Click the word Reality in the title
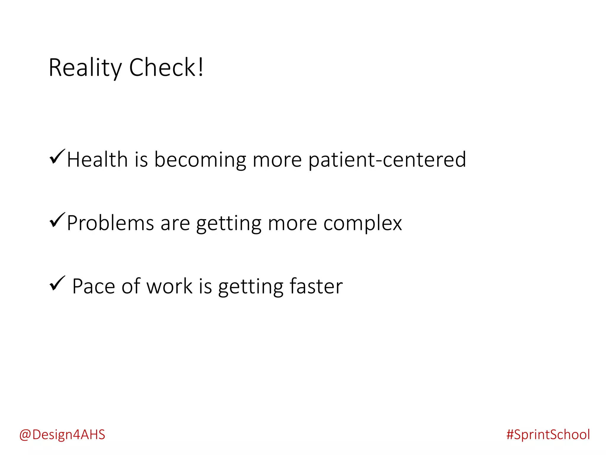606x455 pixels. [85, 68]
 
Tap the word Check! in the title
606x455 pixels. [166, 68]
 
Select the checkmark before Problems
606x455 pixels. [57, 220]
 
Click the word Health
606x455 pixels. [97, 159]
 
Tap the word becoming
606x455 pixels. [200, 160]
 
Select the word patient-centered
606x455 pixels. [387, 160]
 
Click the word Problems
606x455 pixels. [110, 223]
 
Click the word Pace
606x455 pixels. [94, 286]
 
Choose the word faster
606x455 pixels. [316, 286]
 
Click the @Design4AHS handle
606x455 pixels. [62, 435]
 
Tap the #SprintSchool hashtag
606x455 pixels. [548, 435]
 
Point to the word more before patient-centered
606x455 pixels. [277, 160]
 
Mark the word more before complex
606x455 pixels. [292, 223]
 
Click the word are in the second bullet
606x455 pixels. [175, 223]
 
